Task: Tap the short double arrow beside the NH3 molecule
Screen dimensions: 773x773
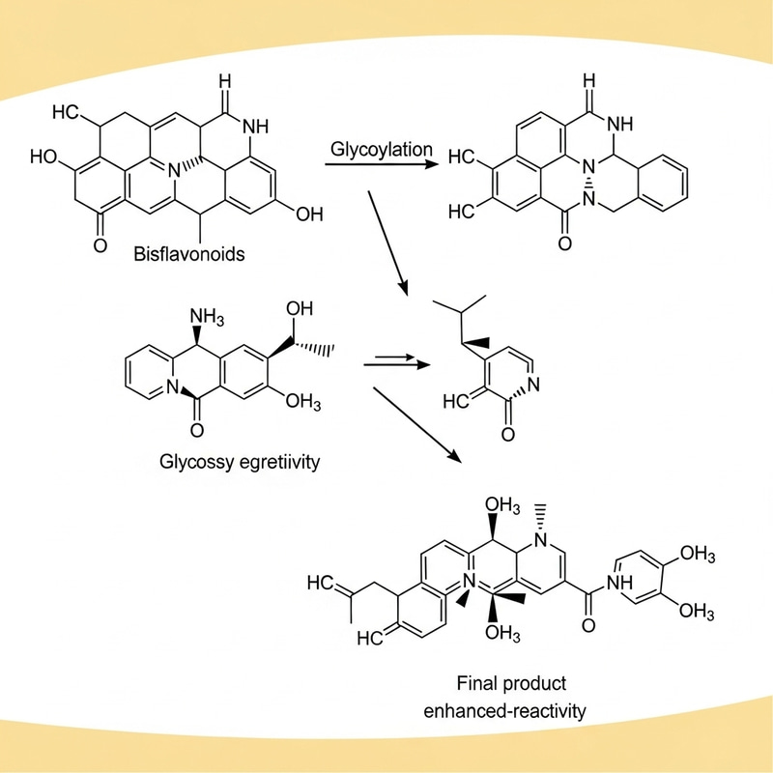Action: point(396,364)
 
